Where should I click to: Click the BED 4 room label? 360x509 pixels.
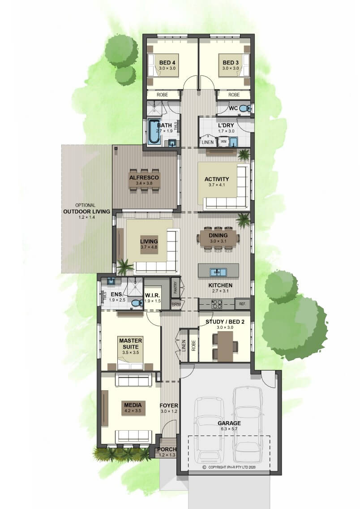167,62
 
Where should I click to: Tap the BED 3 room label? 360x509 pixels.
231,62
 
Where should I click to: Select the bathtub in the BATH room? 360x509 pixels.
154,131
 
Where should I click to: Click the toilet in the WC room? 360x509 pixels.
246,108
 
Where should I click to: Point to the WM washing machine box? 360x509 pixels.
223,142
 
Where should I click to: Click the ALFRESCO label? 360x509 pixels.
144,177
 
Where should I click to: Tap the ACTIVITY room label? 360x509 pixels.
217,179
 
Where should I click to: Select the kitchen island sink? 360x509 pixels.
218,272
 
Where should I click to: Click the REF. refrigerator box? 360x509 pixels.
242,304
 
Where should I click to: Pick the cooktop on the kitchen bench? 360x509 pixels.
217,304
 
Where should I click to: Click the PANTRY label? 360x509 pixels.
175,287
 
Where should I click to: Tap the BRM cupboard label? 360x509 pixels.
176,305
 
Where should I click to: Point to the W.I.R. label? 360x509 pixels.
152,295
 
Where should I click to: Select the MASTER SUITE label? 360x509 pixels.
130,344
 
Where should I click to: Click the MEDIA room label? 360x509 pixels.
133,405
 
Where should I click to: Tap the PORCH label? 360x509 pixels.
167,449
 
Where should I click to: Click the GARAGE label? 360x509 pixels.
229,423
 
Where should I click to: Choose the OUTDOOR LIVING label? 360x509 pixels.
86,211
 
